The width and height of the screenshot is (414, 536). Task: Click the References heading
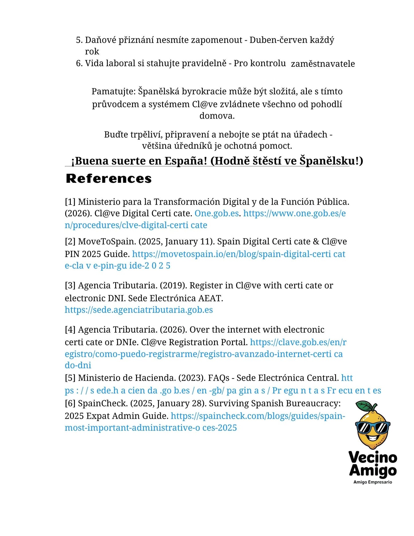click(x=109, y=178)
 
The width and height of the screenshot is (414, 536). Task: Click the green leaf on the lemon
click(x=365, y=405)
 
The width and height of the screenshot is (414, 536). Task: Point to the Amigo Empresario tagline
click(x=372, y=482)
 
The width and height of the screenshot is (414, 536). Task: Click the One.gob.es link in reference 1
click(x=217, y=213)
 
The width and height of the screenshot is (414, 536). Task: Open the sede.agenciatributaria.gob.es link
click(x=139, y=310)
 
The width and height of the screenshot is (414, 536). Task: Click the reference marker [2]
click(x=70, y=242)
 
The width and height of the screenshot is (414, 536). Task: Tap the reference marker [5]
click(x=70, y=378)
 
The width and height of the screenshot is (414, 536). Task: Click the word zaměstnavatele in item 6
click(x=323, y=64)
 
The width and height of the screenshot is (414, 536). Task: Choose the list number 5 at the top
click(x=79, y=40)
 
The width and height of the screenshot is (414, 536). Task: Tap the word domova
click(x=217, y=116)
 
